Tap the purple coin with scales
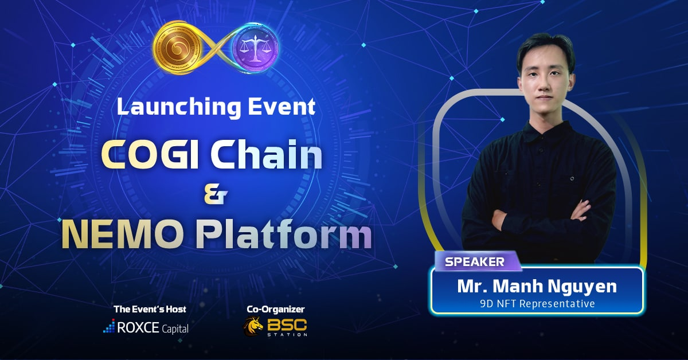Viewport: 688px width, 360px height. (255, 48)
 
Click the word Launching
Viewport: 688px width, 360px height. (179, 107)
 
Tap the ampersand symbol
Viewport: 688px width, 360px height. (216, 196)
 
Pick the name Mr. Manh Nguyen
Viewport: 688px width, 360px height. (537, 286)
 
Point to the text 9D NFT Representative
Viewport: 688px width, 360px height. (537, 304)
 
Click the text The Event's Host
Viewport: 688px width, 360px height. (150, 309)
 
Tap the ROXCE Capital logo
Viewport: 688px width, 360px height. (146, 327)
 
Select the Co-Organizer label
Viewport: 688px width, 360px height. (276, 309)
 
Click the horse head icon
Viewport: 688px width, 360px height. (253, 327)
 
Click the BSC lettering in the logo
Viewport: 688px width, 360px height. (287, 324)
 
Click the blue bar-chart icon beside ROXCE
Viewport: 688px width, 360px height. (109, 326)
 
